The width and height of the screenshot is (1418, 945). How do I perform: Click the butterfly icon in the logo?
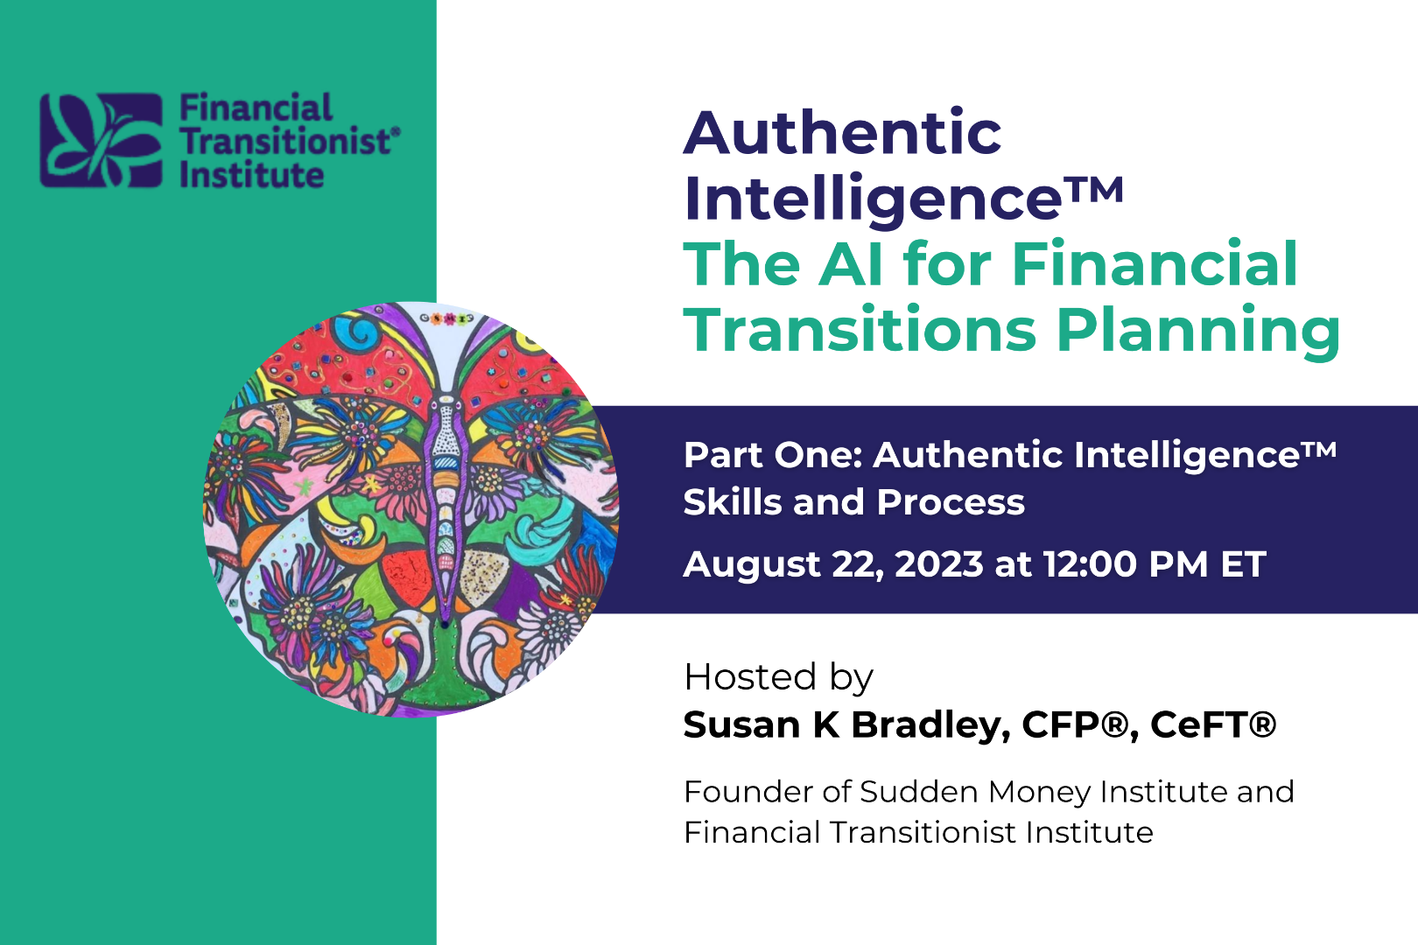pyautogui.click(x=102, y=141)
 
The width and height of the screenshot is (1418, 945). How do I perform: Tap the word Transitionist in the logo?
pyautogui.click(x=285, y=141)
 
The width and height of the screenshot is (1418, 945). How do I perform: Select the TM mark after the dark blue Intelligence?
pyautogui.click(x=1099, y=189)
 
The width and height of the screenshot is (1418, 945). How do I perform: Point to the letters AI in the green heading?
pyautogui.click(x=850, y=264)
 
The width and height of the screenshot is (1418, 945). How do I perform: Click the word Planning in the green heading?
pyautogui.click(x=1198, y=331)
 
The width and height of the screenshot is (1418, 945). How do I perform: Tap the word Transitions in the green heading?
pyautogui.click(x=860, y=329)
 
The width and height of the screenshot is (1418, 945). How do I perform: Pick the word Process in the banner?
pyautogui.click(x=951, y=502)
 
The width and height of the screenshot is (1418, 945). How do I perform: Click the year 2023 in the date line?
pyautogui.click(x=939, y=564)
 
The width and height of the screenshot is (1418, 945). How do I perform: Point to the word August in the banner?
pyautogui.click(x=752, y=565)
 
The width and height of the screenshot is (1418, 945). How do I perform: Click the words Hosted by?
pyautogui.click(x=779, y=677)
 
